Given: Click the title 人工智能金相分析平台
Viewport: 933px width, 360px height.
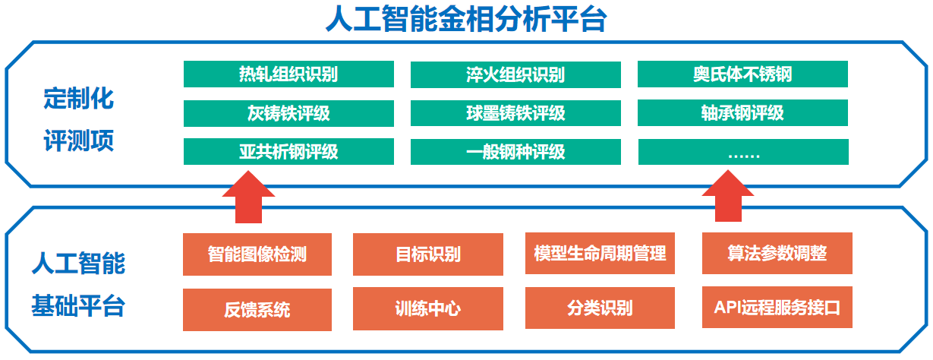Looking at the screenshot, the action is click(466, 19).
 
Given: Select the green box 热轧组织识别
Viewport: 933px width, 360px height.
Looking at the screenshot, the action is click(288, 74).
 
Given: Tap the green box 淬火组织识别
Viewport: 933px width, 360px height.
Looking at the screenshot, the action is click(515, 74).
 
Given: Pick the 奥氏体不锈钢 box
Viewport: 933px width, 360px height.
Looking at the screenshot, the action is click(742, 74).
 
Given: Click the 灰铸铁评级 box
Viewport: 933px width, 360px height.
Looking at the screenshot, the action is click(288, 113).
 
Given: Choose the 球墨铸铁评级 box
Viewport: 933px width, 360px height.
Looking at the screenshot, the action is click(515, 113).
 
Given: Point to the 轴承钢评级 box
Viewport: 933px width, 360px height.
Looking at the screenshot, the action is click(742, 112).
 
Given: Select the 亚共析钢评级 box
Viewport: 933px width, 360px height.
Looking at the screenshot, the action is click(288, 152).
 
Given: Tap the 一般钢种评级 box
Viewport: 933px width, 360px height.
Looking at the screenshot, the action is click(515, 152).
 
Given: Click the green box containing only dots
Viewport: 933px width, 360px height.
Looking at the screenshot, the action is click(743, 152).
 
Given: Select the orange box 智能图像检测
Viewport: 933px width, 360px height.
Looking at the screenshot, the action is click(257, 254).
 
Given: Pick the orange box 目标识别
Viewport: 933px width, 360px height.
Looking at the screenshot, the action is click(428, 254).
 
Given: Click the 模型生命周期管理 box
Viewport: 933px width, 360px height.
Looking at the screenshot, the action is click(600, 254).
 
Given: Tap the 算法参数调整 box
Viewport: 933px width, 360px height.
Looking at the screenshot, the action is click(777, 254).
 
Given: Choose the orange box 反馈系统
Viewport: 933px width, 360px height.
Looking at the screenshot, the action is click(257, 310).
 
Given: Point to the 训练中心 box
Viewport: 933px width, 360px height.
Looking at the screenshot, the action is click(428, 309).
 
